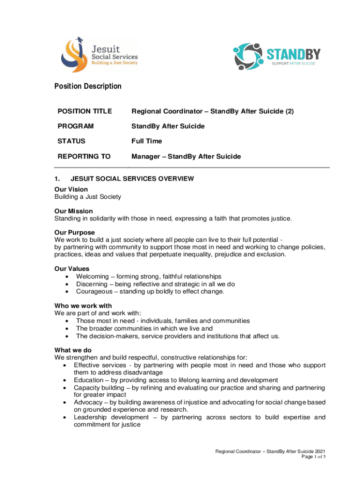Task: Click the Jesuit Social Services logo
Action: [99, 55]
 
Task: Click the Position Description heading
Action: [88, 86]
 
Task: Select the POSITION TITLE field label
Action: [85, 111]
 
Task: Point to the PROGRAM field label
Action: [76, 126]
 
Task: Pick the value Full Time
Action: [146, 141]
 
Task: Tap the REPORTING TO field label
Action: [84, 157]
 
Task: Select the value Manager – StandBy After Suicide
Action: [186, 157]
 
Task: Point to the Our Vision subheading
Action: [71, 189]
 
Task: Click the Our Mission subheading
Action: [73, 211]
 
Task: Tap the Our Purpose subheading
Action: [75, 232]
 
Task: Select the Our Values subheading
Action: [72, 269]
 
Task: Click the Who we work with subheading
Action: [83, 306]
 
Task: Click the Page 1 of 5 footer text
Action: [311, 457]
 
